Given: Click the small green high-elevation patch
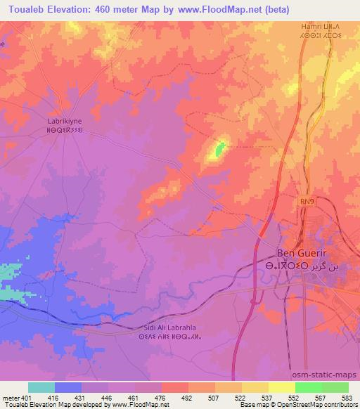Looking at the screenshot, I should (x=219, y=148).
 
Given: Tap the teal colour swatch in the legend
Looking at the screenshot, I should (x=41, y=387).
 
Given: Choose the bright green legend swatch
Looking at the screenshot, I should (x=308, y=387).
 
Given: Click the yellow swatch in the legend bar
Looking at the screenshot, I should (x=281, y=387).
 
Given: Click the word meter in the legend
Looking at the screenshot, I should (x=10, y=397).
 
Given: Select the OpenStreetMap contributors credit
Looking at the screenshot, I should (x=323, y=405).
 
